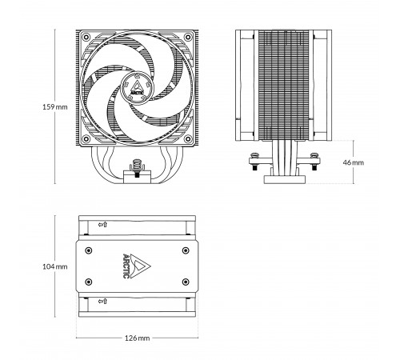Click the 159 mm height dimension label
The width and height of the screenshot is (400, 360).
(55, 107)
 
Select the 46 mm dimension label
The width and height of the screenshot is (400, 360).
(353, 162)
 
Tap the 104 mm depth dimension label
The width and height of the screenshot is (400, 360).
(55, 266)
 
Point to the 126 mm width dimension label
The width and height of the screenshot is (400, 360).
(138, 338)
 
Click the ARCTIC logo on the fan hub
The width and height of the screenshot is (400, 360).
(137, 88)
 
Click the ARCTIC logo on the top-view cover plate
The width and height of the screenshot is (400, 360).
(136, 266)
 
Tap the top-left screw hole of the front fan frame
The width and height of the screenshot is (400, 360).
(86, 37)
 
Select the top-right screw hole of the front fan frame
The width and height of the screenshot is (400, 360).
(188, 37)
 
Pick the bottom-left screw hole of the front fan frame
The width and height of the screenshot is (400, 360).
(86, 139)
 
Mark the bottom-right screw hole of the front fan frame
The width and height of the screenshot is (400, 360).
(188, 139)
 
